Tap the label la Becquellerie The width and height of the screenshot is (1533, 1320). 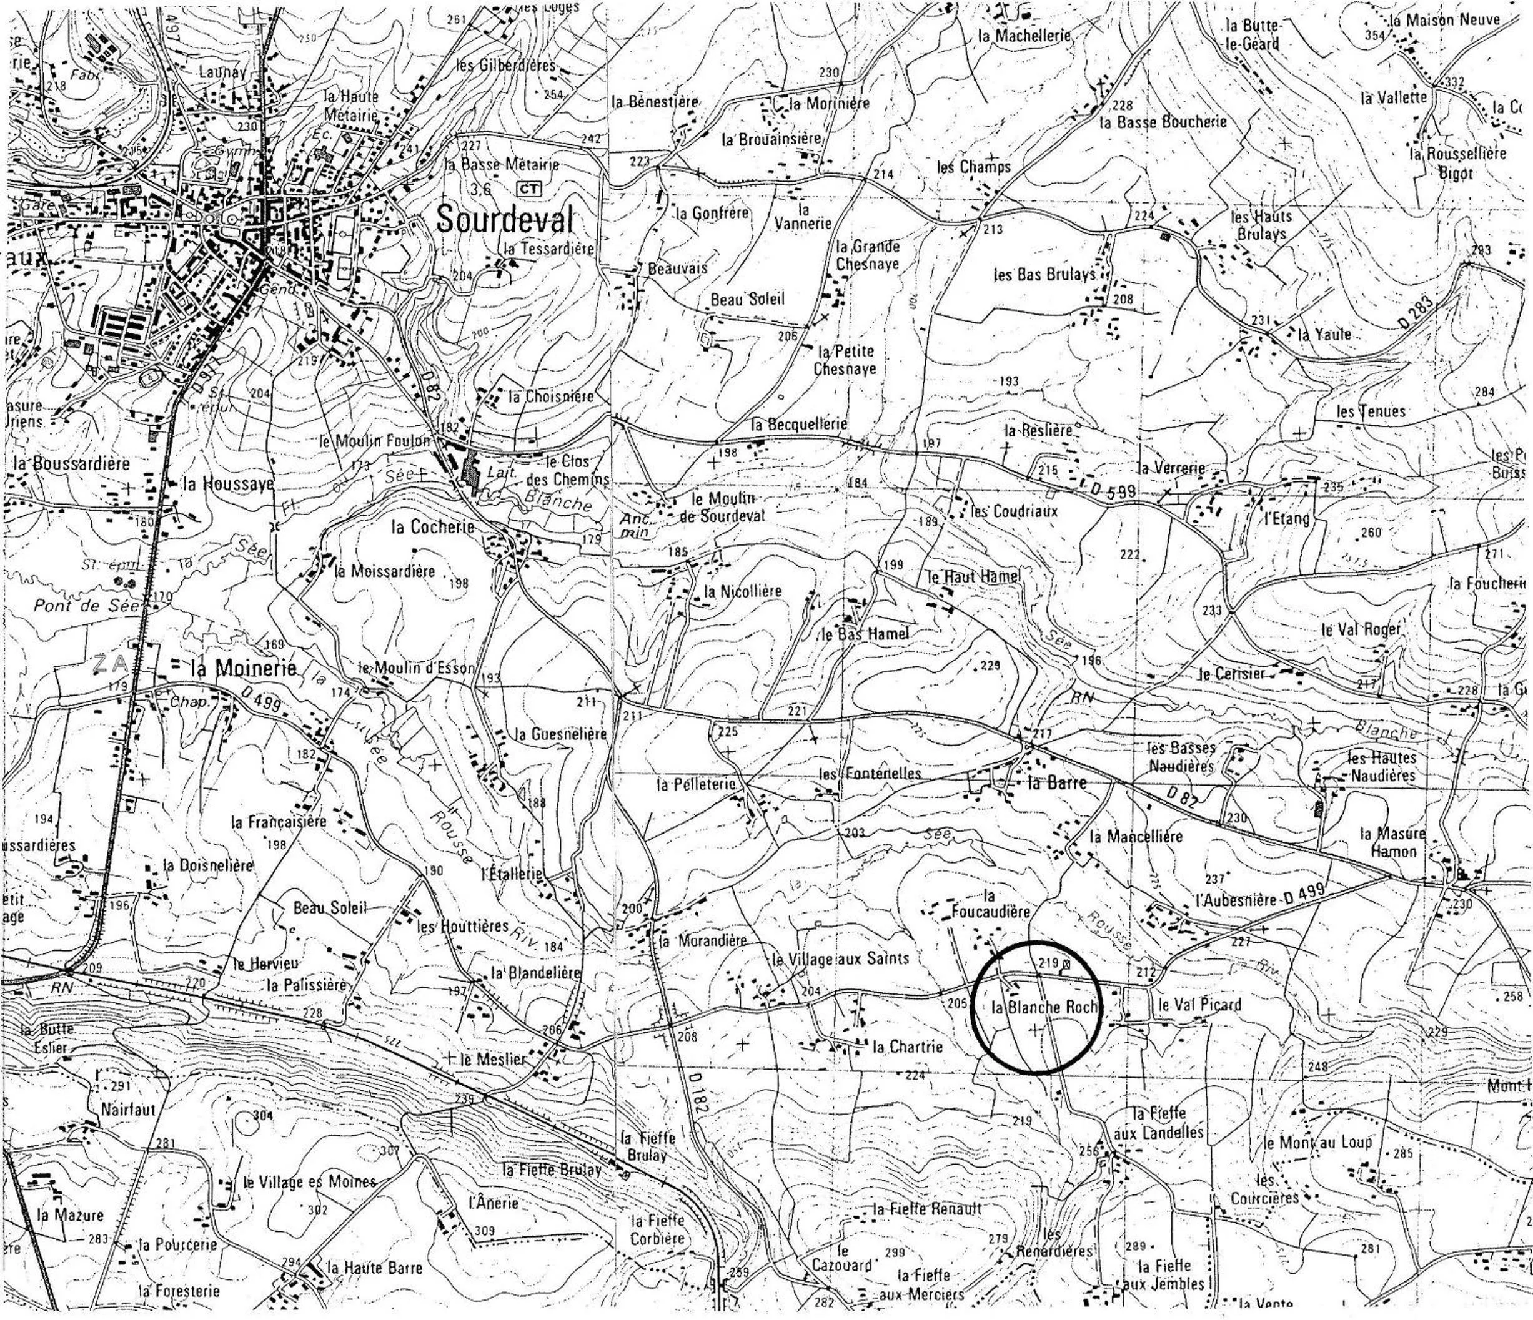pyautogui.click(x=798, y=425)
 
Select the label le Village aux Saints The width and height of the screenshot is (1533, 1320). pyautogui.click(x=840, y=960)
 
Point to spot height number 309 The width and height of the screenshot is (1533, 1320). pyautogui.click(x=484, y=1231)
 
